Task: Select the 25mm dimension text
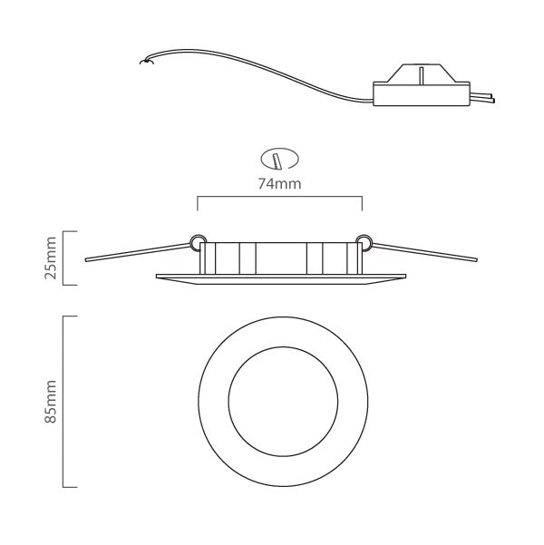pos(52,258)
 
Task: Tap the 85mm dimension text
pos(52,402)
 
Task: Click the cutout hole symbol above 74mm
pos(279,159)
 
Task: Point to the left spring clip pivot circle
pos(196,241)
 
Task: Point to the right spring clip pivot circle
pos(364,241)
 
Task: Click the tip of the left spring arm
pos(87,260)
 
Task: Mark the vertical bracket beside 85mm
pos(63,402)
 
